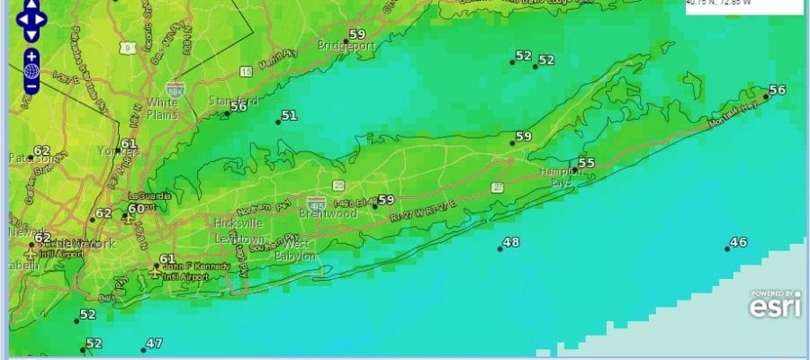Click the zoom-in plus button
[31, 56]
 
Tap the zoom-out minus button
[31, 86]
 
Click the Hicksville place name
[238, 222]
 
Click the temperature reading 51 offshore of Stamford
[289, 115]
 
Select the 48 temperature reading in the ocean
[510, 242]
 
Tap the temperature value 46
[738, 242]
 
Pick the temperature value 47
[154, 343]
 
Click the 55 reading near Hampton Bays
[586, 163]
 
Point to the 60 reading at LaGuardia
[136, 209]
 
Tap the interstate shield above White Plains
[175, 89]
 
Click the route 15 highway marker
[245, 70]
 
